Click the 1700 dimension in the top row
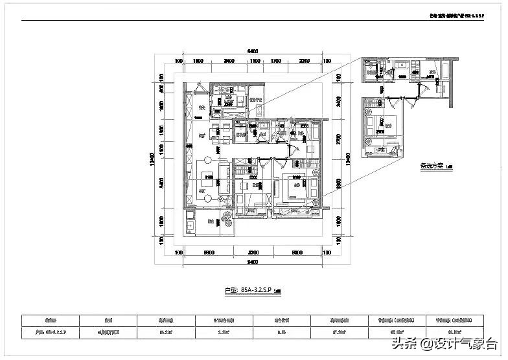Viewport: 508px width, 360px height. click(276, 61)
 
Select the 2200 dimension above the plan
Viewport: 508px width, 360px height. click(305, 61)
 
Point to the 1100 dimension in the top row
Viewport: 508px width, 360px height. click(255, 61)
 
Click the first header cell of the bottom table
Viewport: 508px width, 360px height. click(51, 320)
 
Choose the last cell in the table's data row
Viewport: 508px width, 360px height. click(456, 333)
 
